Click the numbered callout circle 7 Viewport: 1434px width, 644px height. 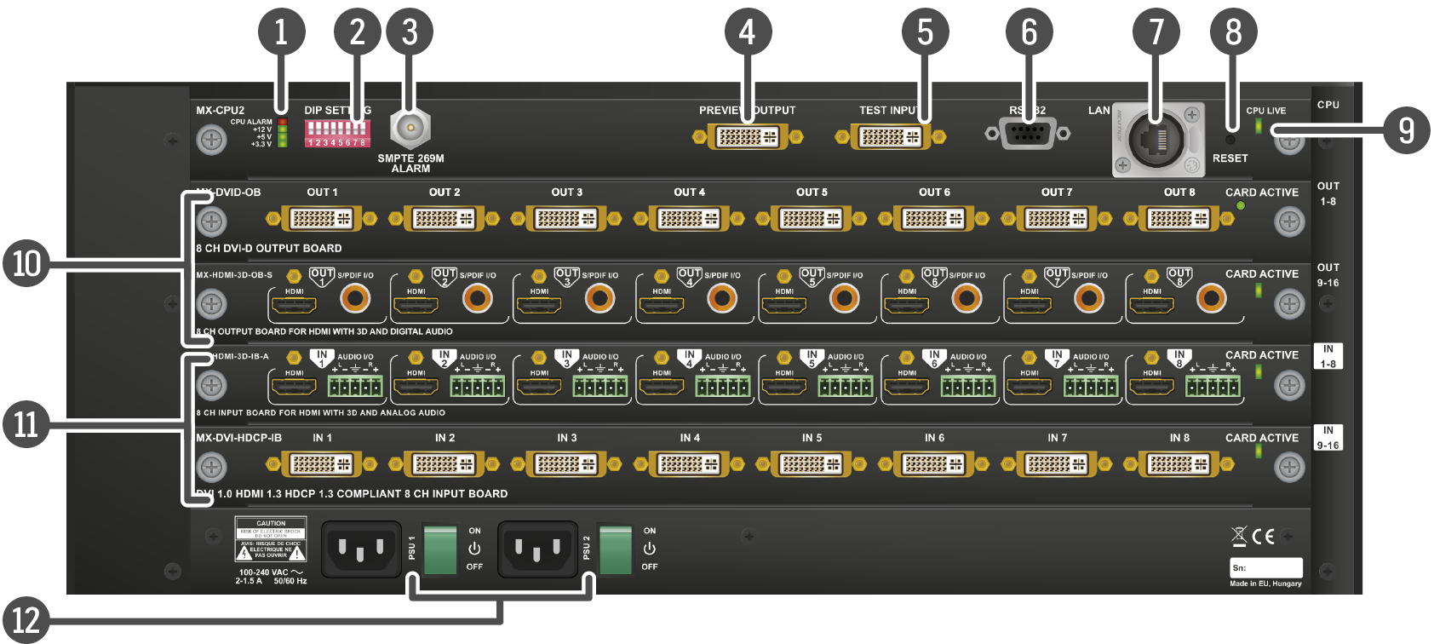[x=1156, y=32]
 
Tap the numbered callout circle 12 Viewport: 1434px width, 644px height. [x=26, y=619]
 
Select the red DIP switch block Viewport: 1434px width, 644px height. [x=337, y=133]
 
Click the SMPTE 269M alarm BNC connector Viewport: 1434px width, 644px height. [x=410, y=129]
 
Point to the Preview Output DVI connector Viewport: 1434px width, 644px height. [x=747, y=136]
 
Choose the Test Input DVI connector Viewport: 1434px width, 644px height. [x=890, y=136]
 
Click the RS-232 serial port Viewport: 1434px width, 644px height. [x=1027, y=133]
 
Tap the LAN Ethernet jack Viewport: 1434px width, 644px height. [x=1155, y=141]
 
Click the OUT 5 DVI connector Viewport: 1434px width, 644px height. [x=812, y=219]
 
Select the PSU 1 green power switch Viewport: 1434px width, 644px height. [x=440, y=549]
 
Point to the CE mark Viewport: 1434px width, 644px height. [x=1263, y=536]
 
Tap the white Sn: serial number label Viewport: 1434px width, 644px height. [x=1265, y=567]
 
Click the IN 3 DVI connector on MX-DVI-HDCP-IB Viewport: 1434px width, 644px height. [x=566, y=464]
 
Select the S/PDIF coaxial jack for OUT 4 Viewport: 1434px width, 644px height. [x=722, y=298]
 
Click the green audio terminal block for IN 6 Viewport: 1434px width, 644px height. [x=967, y=387]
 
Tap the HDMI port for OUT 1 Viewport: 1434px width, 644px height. [x=294, y=303]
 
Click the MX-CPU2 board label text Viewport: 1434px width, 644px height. [x=220, y=110]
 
